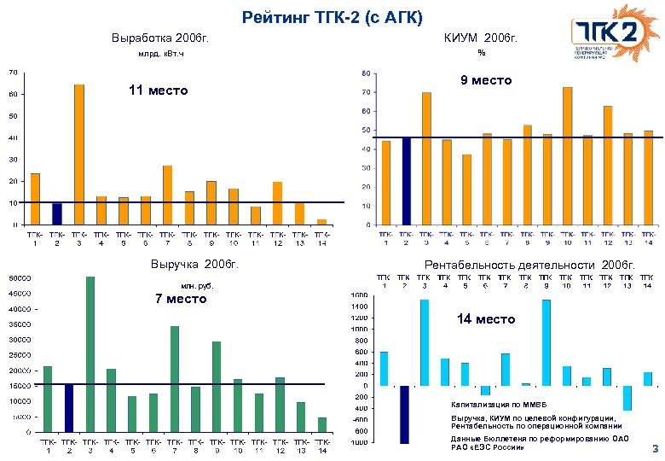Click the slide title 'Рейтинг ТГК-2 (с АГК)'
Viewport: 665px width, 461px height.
(332, 16)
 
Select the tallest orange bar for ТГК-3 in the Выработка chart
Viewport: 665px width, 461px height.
(79, 154)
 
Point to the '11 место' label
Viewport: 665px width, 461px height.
(158, 90)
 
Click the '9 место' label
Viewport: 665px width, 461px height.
(486, 80)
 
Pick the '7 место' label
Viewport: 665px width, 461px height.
(180, 299)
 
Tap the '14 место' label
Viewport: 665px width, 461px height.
(486, 318)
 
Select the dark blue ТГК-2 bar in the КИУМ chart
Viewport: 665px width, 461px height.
(407, 180)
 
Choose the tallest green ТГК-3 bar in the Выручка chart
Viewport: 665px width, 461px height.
(90, 353)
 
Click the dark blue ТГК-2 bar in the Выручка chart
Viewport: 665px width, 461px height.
(69, 407)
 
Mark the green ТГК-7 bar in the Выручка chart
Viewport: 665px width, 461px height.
(174, 378)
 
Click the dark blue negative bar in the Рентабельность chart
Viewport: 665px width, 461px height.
(403, 414)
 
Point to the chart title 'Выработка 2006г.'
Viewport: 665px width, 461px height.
(160, 38)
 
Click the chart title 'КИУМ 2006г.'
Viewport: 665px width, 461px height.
(481, 38)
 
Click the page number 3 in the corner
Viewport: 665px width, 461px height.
(654, 448)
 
